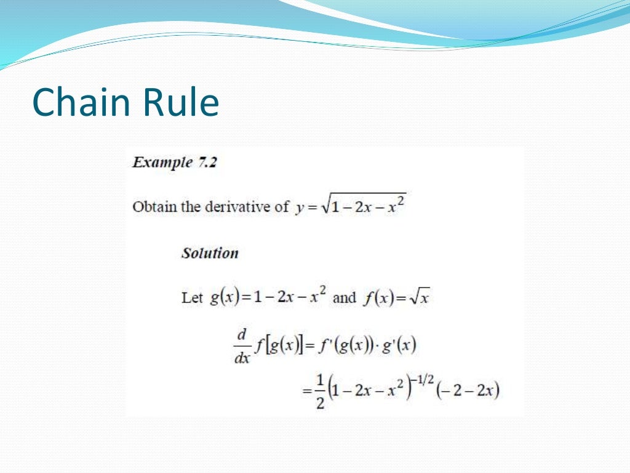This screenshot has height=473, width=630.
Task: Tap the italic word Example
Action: (162, 163)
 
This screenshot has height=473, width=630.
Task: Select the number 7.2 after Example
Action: (207, 163)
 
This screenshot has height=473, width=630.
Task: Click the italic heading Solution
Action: (210, 253)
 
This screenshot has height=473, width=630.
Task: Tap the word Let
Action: (192, 298)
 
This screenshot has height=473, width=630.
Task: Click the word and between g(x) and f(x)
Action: (345, 298)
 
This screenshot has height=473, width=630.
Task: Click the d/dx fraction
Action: (242, 346)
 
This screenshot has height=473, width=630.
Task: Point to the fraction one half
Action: (320, 392)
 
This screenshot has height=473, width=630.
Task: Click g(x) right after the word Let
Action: (223, 298)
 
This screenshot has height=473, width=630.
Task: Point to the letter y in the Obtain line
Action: (299, 208)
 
